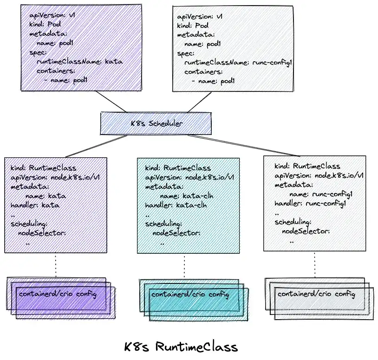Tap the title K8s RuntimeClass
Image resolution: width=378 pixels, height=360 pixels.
coord(181,347)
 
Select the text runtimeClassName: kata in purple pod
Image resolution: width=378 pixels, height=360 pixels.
coord(79,61)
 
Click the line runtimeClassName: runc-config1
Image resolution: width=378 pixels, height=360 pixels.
coord(237,62)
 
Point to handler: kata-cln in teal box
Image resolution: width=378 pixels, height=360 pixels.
coord(176,205)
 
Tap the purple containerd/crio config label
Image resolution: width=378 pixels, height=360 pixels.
coord(58,294)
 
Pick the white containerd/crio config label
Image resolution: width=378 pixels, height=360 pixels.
coord(316,294)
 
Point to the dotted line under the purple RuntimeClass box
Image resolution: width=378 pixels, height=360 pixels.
coord(56,266)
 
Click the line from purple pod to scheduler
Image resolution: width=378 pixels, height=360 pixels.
coord(111,101)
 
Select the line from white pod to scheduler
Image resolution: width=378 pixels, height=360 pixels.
coord(200,101)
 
